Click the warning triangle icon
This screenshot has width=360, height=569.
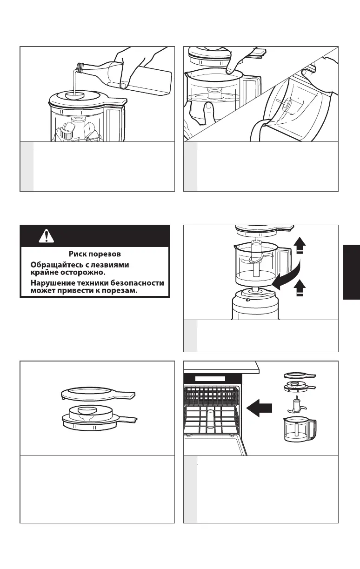coord(46,236)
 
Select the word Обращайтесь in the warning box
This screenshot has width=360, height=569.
coord(53,264)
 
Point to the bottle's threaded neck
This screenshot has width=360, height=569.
coord(80,68)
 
